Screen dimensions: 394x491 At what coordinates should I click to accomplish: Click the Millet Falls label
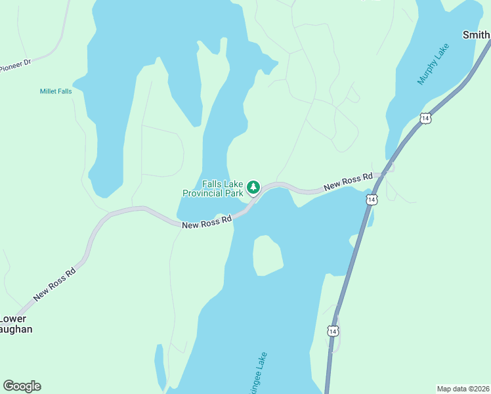56,91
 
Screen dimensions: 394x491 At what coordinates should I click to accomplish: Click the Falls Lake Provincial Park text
213,189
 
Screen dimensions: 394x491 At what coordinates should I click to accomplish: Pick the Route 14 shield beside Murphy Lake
426,118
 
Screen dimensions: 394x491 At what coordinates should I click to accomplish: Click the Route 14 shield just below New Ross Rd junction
372,199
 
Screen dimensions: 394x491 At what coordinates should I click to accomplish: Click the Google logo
22,385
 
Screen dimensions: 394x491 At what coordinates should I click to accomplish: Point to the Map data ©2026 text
463,388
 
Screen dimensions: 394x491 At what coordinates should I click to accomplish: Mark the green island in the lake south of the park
268,255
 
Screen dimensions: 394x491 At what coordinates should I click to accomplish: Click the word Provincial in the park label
204,194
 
